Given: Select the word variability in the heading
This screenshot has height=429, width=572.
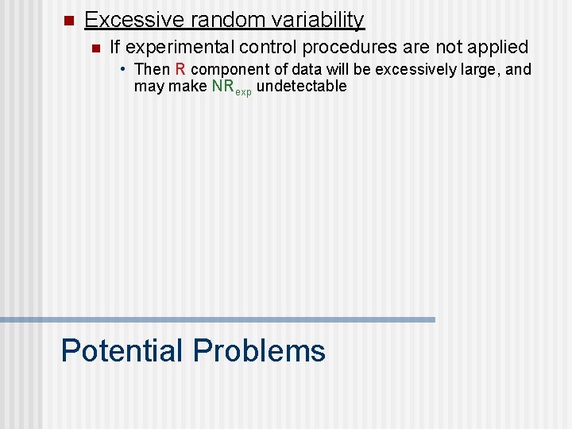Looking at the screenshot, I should [317, 21].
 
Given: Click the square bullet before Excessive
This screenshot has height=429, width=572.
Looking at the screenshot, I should [68, 21].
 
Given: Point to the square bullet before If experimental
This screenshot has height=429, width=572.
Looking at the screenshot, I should [95, 48].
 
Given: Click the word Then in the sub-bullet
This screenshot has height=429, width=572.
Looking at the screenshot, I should [153, 70].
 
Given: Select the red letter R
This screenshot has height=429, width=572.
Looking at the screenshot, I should [180, 70].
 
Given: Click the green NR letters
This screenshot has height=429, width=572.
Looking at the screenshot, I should [223, 86].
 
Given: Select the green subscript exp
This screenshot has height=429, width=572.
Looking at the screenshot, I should [244, 91].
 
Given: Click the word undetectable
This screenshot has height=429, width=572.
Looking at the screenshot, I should [302, 86].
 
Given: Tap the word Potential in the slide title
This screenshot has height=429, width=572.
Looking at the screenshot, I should [122, 350].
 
